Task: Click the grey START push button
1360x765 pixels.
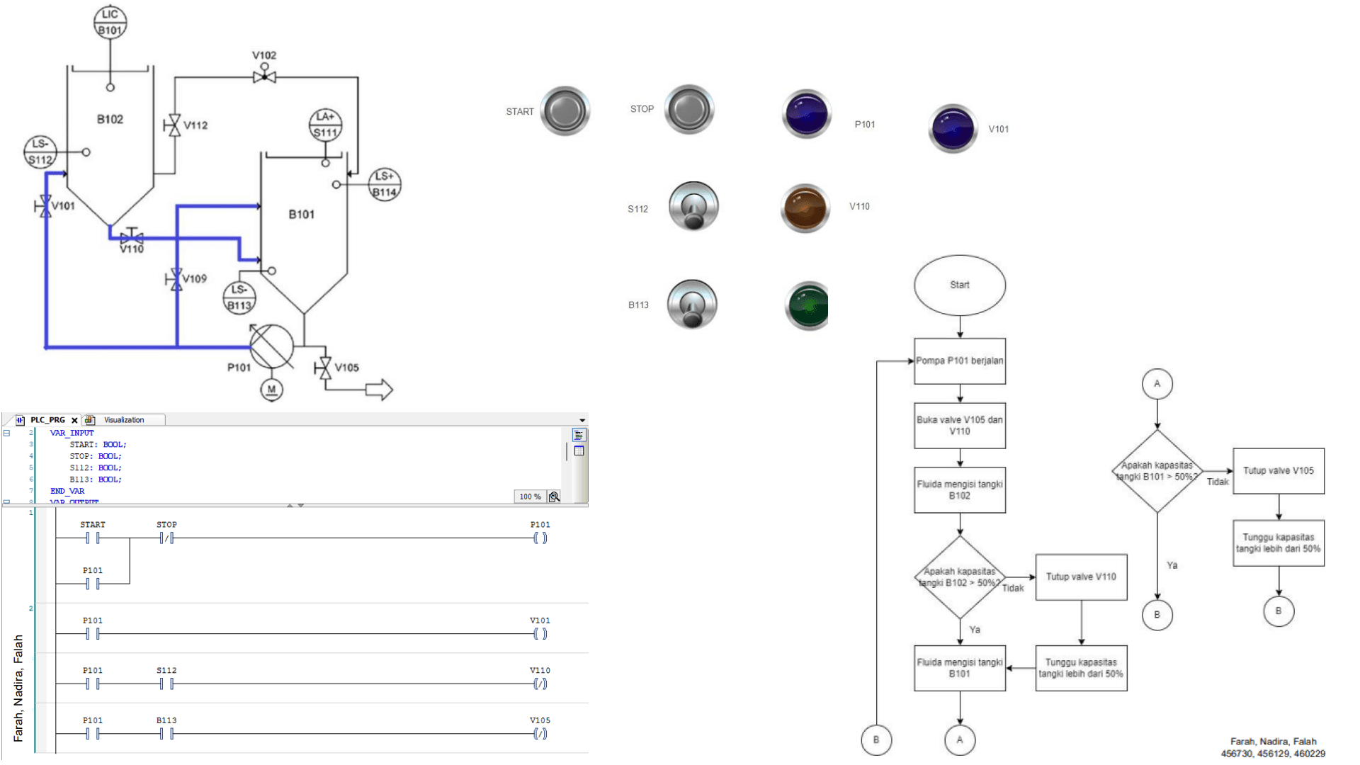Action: pos(565,111)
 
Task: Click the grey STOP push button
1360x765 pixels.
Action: pos(688,109)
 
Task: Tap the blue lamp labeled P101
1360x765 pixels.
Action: pos(806,114)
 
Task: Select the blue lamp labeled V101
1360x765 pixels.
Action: pos(953,128)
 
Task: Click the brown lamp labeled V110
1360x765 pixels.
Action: pos(805,208)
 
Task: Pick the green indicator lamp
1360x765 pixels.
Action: pos(807,306)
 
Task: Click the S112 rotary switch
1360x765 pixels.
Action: pos(693,207)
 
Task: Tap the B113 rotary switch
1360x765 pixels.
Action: pos(692,305)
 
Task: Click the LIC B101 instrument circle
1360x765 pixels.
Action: pos(110,22)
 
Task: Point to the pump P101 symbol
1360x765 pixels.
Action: pos(272,346)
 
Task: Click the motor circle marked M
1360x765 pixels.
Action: pos(271,389)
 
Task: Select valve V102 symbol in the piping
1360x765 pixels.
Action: pos(264,76)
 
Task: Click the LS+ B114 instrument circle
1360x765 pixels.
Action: pos(385,184)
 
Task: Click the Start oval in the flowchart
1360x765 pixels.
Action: pos(959,285)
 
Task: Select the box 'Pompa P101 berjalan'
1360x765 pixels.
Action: pos(959,361)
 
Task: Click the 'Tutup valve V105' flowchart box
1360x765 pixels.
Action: pos(1278,470)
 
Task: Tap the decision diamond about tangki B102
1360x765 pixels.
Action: pos(959,577)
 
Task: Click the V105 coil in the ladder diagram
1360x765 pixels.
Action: pos(540,733)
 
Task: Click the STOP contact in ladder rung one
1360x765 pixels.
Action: pos(166,538)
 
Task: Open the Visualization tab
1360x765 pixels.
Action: pos(123,420)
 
